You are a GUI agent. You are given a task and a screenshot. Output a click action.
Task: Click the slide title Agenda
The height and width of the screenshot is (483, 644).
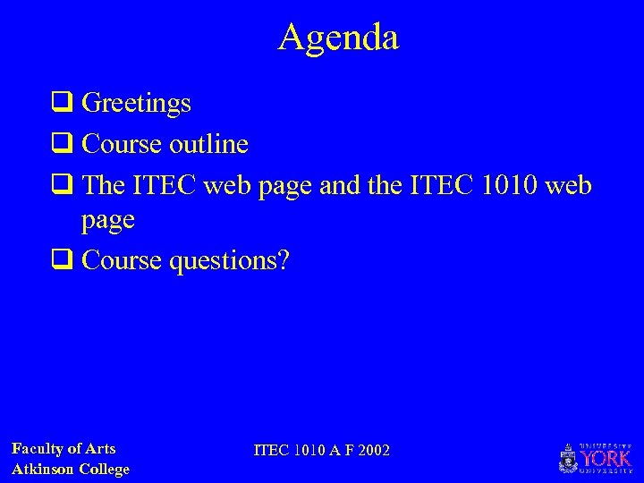338,37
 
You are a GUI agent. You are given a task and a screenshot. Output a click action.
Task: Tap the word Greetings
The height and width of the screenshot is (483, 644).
136,104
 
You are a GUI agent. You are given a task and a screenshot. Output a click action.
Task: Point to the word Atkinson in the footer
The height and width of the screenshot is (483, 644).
43,469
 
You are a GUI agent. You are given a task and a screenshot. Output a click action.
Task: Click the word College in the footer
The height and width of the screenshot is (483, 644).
105,469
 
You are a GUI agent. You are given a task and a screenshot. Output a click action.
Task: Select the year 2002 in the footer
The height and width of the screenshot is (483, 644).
373,450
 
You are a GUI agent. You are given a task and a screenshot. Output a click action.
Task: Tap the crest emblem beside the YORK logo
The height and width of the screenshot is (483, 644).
567,459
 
